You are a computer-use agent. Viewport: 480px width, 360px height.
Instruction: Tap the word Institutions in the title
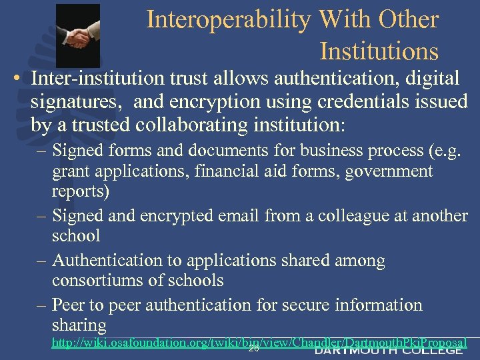click(x=379, y=51)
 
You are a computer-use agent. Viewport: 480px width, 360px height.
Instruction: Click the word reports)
click(x=81, y=192)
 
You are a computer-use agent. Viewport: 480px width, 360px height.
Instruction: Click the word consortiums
click(x=103, y=281)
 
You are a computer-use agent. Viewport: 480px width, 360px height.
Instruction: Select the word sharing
click(x=79, y=325)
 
